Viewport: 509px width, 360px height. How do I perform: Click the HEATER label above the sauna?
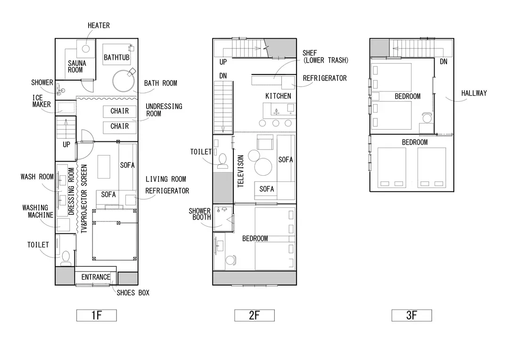(99, 25)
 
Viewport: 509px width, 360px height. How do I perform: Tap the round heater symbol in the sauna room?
(86, 49)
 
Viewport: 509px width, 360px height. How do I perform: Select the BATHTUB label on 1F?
(116, 57)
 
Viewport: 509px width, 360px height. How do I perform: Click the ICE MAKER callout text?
(41, 101)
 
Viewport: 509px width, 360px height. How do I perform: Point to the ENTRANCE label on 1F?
(96, 277)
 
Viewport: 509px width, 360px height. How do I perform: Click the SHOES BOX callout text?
(133, 293)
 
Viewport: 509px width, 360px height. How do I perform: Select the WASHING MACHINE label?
(38, 211)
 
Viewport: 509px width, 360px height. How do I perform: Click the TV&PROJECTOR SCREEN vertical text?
(84, 199)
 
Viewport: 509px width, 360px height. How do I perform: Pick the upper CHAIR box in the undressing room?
(119, 111)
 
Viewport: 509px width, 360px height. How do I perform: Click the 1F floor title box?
(97, 315)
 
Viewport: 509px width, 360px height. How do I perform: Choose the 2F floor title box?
(254, 315)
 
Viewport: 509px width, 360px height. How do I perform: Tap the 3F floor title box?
(411, 315)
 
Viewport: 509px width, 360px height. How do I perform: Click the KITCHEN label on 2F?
(278, 96)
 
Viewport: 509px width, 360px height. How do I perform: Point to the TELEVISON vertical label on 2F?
(240, 171)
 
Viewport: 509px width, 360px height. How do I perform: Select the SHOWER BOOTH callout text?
(200, 214)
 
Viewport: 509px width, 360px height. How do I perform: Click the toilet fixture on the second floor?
(222, 161)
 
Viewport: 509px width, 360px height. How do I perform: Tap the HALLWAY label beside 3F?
(474, 93)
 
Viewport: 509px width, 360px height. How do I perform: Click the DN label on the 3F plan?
(443, 62)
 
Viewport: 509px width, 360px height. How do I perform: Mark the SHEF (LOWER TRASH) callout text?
(326, 57)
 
